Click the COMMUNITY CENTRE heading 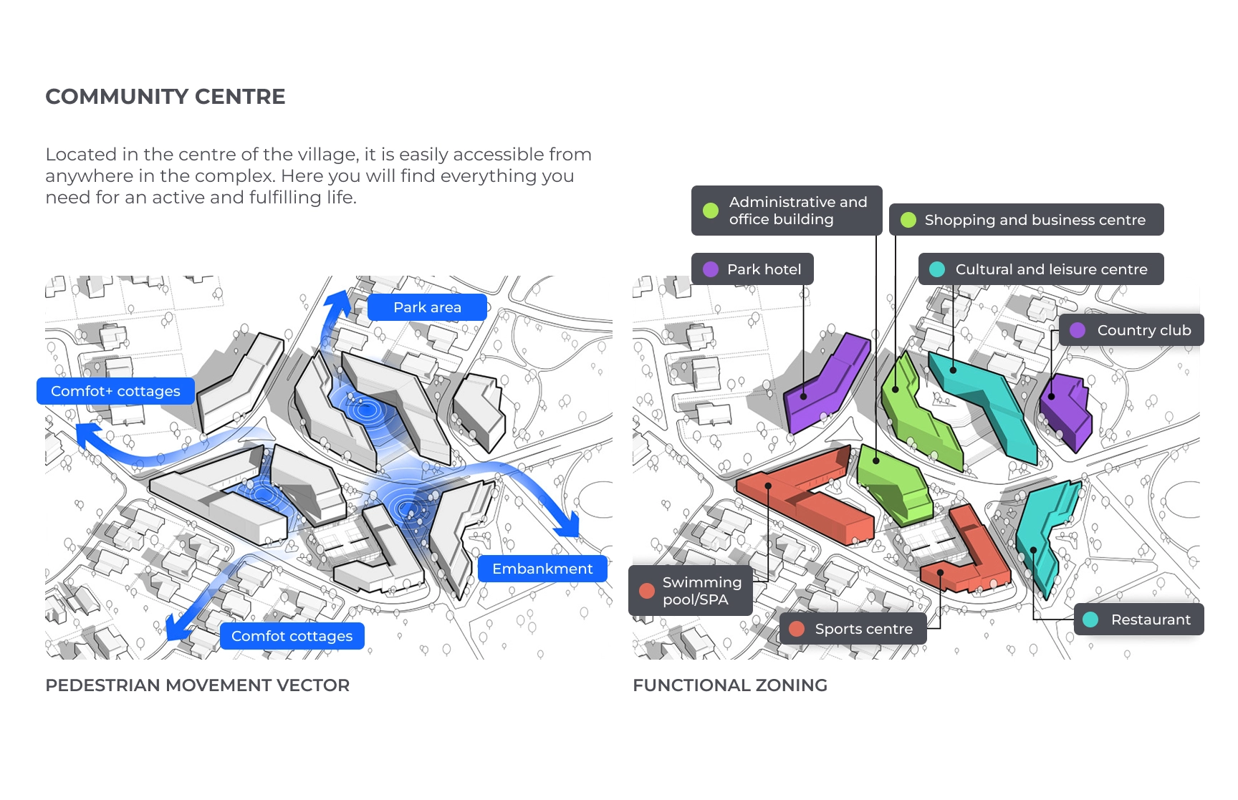click(165, 97)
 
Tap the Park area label click(427, 307)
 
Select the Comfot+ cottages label click(115, 391)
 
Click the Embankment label click(542, 569)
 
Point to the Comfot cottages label click(292, 636)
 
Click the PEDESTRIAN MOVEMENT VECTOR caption click(197, 685)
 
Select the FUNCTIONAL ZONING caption click(729, 685)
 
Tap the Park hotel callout click(752, 269)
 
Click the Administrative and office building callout click(787, 211)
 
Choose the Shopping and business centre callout click(1026, 220)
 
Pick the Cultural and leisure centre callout click(1041, 269)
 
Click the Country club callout click(1131, 330)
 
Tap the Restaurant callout click(1139, 620)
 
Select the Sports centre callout click(853, 629)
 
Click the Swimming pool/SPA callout click(691, 591)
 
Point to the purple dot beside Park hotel click(711, 269)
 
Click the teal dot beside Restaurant click(1090, 620)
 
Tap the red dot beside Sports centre click(797, 629)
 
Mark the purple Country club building click(1066, 410)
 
